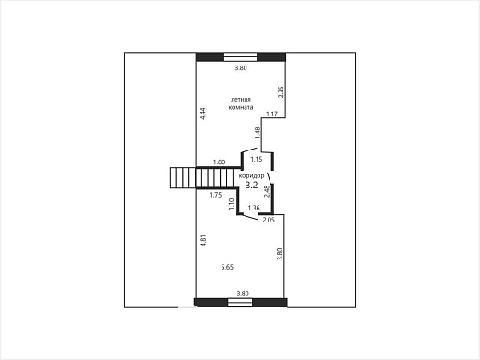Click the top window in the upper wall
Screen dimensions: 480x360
click(240, 57)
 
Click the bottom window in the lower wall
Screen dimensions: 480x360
click(240, 303)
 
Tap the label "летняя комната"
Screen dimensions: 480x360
click(241, 103)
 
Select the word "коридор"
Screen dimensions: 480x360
click(251, 176)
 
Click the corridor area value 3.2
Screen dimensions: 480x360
click(251, 186)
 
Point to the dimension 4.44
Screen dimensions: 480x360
click(203, 114)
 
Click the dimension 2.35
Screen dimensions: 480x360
click(281, 92)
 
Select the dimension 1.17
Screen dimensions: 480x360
click(272, 114)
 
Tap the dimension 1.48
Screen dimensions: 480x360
click(258, 133)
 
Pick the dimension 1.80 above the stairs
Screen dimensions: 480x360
click(219, 162)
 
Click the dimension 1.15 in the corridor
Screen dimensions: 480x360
click(256, 160)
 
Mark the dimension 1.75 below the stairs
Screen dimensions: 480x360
click(216, 195)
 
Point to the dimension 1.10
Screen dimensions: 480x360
click(232, 204)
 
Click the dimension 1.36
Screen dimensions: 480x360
click(254, 208)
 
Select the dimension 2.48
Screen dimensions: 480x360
click(267, 191)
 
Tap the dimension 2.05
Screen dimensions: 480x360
click(269, 220)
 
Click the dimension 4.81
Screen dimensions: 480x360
click(203, 241)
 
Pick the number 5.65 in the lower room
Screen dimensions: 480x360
click(227, 267)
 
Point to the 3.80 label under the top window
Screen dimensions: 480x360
click(241, 68)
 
